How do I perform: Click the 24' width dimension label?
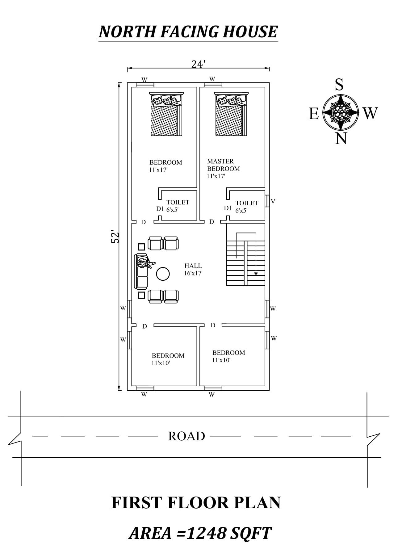[x=198, y=64]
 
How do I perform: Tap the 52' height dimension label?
[x=115, y=236]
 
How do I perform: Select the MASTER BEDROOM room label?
[x=223, y=165]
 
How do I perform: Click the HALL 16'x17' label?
[x=193, y=269]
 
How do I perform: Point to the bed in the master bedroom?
[x=232, y=114]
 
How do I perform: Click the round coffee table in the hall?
[x=163, y=274]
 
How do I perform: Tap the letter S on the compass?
[x=339, y=84]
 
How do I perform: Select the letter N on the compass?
[x=341, y=138]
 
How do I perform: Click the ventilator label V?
[x=273, y=201]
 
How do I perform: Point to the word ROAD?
[x=187, y=436]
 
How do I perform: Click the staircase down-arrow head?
[x=256, y=273]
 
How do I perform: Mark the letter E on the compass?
[x=314, y=114]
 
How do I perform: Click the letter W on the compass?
[x=370, y=113]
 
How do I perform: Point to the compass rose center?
[x=341, y=111]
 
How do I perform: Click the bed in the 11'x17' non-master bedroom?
[x=166, y=114]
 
